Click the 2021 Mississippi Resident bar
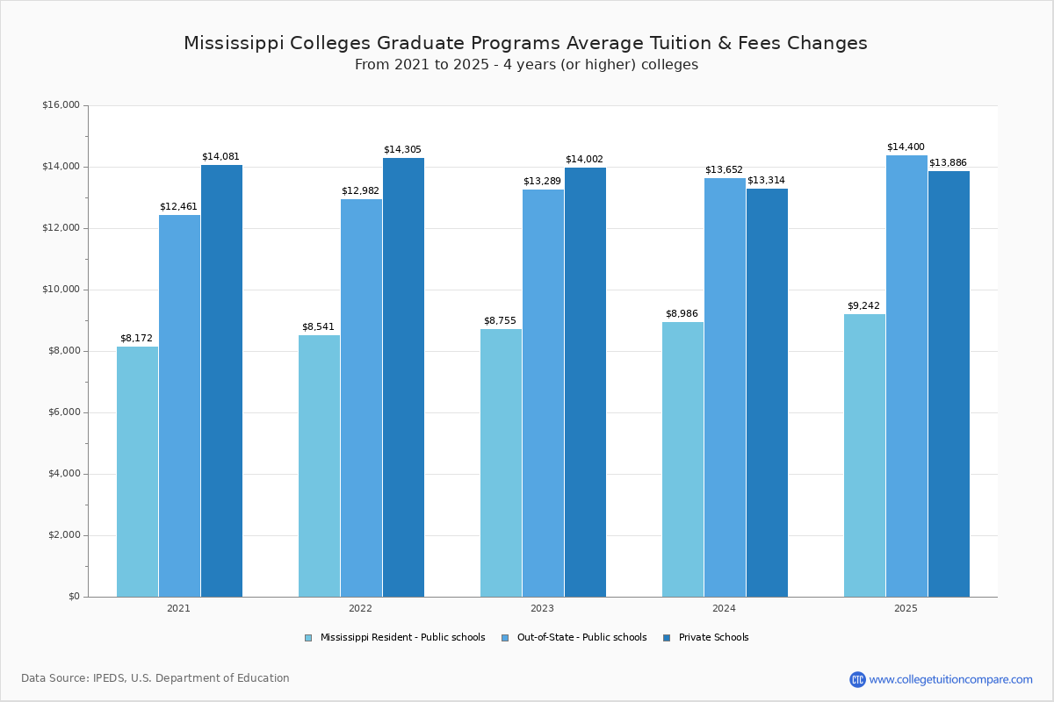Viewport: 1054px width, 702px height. coord(137,471)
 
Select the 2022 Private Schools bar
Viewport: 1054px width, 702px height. coord(403,377)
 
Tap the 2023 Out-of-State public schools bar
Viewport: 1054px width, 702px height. coord(543,393)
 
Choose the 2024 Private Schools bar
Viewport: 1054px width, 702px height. coord(767,392)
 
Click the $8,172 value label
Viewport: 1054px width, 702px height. coord(136,338)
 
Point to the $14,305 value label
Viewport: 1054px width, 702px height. coord(402,149)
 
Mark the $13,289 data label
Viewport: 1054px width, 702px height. coord(542,181)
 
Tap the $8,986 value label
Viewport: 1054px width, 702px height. coord(682,313)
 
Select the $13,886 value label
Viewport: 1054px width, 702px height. coord(948,162)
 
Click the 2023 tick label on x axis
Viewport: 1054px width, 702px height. coord(542,608)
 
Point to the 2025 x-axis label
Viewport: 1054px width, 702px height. coord(906,608)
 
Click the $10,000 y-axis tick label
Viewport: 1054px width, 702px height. coord(61,290)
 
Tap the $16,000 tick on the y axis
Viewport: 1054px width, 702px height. coord(61,105)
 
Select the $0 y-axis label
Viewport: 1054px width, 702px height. coord(73,597)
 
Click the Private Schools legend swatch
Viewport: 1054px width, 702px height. coord(667,638)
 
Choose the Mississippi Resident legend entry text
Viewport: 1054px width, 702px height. coord(402,638)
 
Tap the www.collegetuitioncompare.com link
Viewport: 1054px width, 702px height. coord(950,679)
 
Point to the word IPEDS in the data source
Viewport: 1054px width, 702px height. coord(110,678)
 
